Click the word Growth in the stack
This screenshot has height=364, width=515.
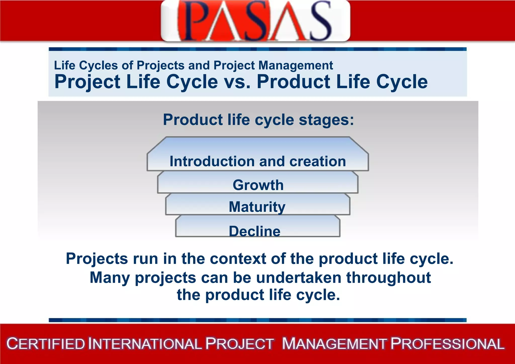tap(258, 185)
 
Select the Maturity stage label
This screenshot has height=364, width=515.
tap(257, 207)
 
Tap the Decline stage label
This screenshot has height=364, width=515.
tap(254, 231)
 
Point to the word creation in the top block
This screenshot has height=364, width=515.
tap(318, 161)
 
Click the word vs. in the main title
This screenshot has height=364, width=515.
tap(237, 82)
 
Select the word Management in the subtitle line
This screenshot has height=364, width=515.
tap(295, 65)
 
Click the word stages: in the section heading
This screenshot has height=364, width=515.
tap(326, 119)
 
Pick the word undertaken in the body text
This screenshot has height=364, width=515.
tap(298, 277)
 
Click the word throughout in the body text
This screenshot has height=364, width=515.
tap(389, 277)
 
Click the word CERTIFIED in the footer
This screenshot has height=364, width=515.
tap(46, 344)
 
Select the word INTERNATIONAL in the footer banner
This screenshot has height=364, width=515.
tap(145, 344)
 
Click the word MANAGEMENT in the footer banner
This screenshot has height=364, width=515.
tap(334, 344)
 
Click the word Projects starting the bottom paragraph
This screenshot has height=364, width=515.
tap(97, 259)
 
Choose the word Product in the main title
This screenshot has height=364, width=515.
tap(293, 82)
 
